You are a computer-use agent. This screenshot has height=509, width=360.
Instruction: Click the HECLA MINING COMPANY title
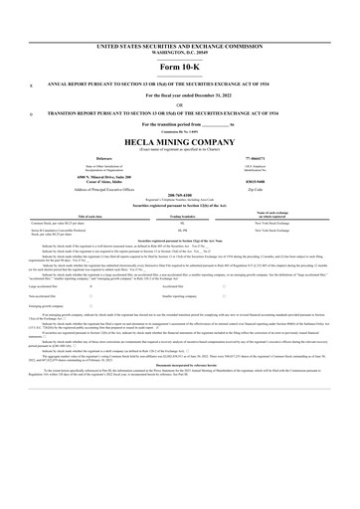click(x=179, y=140)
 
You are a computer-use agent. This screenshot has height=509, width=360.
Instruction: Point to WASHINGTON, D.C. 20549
click(x=179, y=51)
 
